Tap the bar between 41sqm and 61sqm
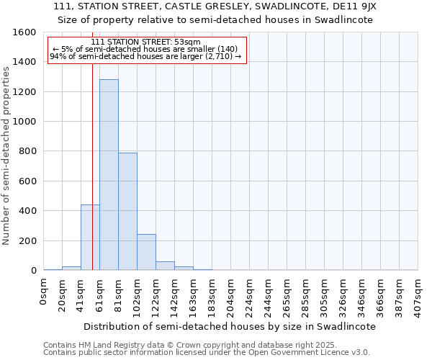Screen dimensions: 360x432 90,238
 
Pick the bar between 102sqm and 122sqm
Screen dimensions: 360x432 146,252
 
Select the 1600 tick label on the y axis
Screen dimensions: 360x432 24,32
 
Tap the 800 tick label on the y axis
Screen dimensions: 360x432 27,151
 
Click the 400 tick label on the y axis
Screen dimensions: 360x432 27,211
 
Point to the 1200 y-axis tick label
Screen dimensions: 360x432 24,92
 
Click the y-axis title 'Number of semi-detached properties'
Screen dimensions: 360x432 6,153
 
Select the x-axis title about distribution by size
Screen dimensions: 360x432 230,326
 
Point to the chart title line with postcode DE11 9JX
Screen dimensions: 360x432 215,6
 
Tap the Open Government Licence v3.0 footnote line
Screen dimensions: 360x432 207,353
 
